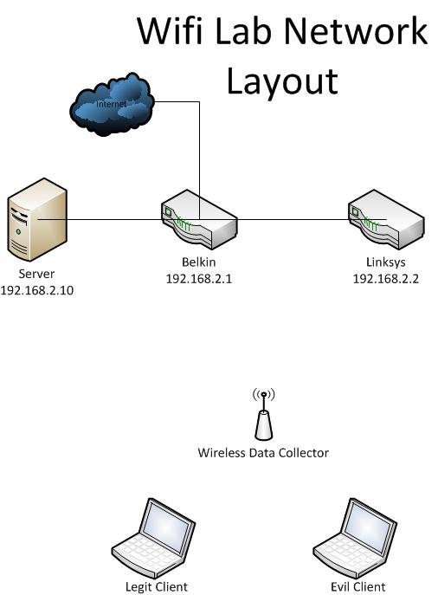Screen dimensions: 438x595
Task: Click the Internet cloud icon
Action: click(112, 104)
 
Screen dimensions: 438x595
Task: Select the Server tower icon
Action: click(37, 219)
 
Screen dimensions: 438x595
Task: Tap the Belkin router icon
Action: click(199, 219)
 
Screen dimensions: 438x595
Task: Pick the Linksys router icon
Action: click(386, 219)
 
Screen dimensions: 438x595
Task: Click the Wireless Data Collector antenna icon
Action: click(263, 414)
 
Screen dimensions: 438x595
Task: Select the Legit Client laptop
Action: click(153, 538)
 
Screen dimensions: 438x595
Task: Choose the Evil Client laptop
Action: click(355, 538)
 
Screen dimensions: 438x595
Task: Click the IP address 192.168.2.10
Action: click(36, 290)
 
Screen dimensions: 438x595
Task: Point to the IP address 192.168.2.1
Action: click(199, 279)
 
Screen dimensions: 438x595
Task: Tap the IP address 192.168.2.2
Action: click(386, 279)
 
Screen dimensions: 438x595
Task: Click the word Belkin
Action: click(199, 262)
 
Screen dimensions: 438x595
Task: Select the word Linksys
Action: click(386, 262)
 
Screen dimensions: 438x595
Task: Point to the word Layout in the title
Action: click(282, 82)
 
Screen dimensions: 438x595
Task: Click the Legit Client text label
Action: click(157, 587)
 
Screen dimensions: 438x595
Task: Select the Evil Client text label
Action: click(358, 587)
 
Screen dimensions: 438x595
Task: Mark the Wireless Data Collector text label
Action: click(263, 453)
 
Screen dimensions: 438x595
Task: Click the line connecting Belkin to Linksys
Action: click(293, 219)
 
